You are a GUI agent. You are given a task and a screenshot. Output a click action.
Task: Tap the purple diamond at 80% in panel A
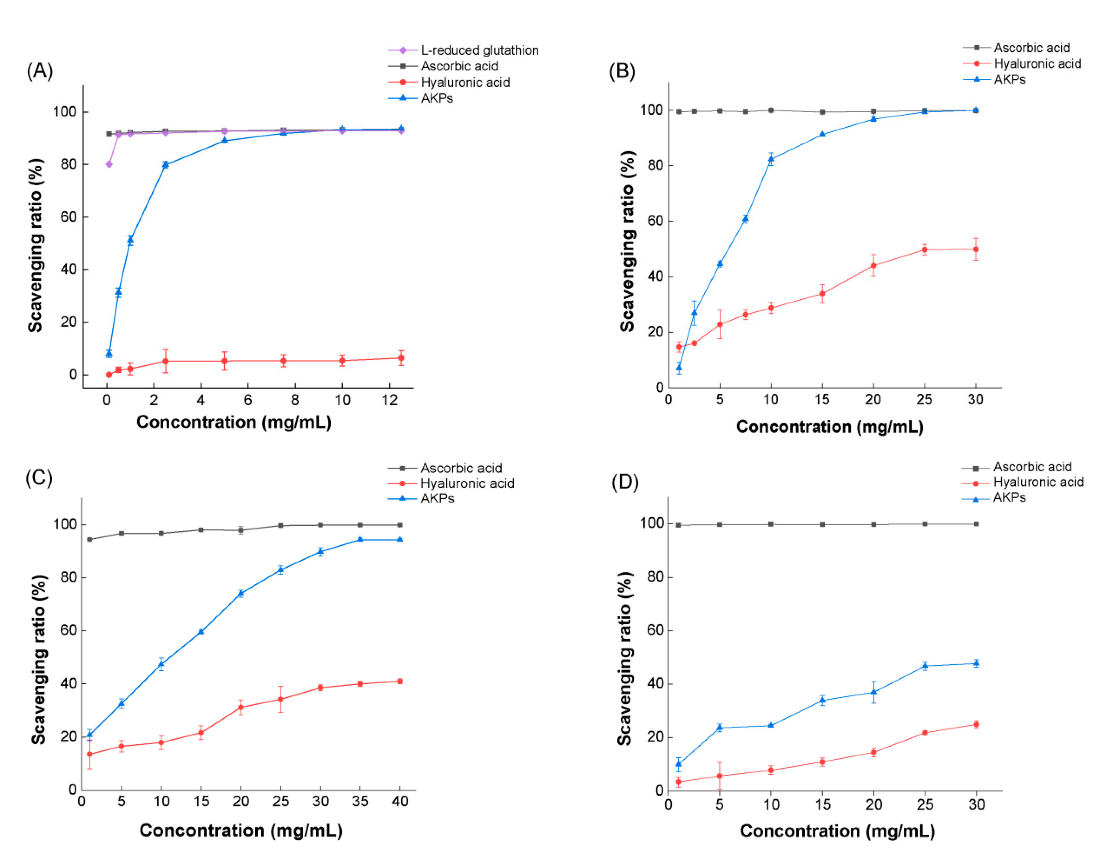click(x=109, y=164)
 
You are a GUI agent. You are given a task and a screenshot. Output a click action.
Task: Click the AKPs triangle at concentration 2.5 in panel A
click(x=166, y=165)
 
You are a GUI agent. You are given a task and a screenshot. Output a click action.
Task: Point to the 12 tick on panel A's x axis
click(x=390, y=400)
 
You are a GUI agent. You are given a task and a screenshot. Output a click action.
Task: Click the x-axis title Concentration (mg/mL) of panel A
click(x=234, y=422)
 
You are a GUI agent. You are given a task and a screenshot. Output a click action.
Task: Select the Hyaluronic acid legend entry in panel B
click(x=1036, y=63)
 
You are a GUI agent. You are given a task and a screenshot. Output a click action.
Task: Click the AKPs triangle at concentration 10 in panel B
click(x=771, y=159)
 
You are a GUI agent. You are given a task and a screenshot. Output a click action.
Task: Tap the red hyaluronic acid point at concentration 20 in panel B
click(x=873, y=265)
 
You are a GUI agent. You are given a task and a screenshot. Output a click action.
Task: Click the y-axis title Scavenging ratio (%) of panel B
click(x=628, y=241)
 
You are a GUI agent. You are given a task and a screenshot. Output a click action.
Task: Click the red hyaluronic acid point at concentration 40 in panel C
click(x=400, y=681)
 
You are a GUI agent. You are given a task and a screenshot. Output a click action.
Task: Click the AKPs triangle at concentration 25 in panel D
click(x=925, y=665)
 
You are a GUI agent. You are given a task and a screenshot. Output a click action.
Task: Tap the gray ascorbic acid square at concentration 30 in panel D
click(x=976, y=524)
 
